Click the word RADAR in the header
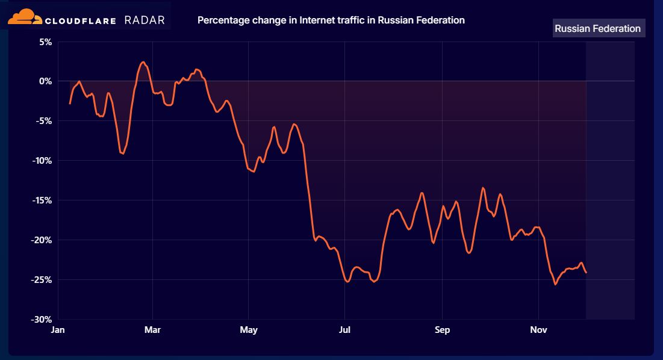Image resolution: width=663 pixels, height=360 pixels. [x=145, y=20]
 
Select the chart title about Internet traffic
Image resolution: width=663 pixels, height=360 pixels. [x=331, y=20]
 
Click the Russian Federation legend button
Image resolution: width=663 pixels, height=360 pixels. [x=598, y=28]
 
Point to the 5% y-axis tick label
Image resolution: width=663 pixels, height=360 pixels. [x=46, y=42]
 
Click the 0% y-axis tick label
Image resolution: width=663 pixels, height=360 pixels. [x=46, y=81]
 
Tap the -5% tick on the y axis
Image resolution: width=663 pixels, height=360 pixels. [x=45, y=120]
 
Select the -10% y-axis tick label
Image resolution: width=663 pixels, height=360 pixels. [x=43, y=160]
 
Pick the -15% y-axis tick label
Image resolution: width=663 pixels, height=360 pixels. [x=43, y=200]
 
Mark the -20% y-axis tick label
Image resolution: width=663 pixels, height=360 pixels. [x=43, y=240]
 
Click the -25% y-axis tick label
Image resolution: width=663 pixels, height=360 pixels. [x=43, y=279]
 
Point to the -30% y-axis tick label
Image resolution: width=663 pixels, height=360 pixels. [x=43, y=319]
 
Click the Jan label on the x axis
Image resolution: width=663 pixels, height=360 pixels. [x=58, y=330]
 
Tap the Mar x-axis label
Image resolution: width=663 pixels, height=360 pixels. [x=153, y=330]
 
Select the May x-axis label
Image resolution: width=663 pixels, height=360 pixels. [x=248, y=330]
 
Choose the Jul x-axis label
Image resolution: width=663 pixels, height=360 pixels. [x=344, y=330]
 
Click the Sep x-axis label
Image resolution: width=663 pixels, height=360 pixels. [x=442, y=330]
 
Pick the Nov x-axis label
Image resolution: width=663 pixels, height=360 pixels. [x=538, y=330]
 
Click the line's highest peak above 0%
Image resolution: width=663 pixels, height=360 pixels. [x=143, y=62]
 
